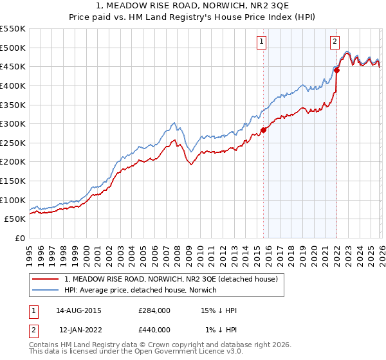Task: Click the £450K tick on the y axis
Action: click(x=13, y=66)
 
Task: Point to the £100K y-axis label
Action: click(x=13, y=200)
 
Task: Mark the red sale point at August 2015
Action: click(x=263, y=130)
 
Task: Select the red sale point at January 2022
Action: click(x=336, y=71)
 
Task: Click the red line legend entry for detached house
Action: click(x=170, y=279)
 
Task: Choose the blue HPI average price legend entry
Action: click(x=141, y=290)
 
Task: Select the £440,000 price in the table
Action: click(x=154, y=330)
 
